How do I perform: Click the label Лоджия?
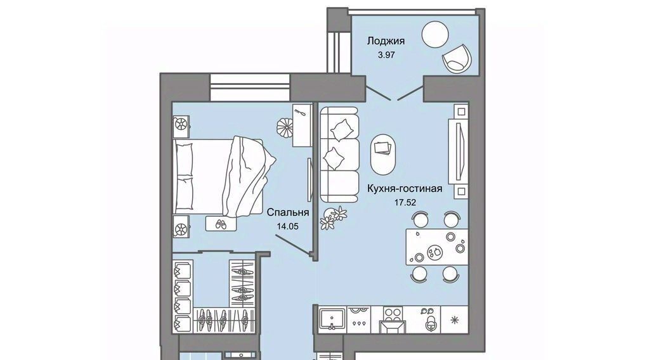tap(386, 41)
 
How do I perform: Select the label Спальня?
tap(287, 213)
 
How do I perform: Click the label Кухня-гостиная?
tap(405, 188)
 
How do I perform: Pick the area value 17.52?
tap(405, 203)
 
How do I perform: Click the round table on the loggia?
tap(437, 34)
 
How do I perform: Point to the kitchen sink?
tap(332, 318)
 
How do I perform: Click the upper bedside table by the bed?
tap(181, 124)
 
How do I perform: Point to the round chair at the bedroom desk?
tap(283, 126)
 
